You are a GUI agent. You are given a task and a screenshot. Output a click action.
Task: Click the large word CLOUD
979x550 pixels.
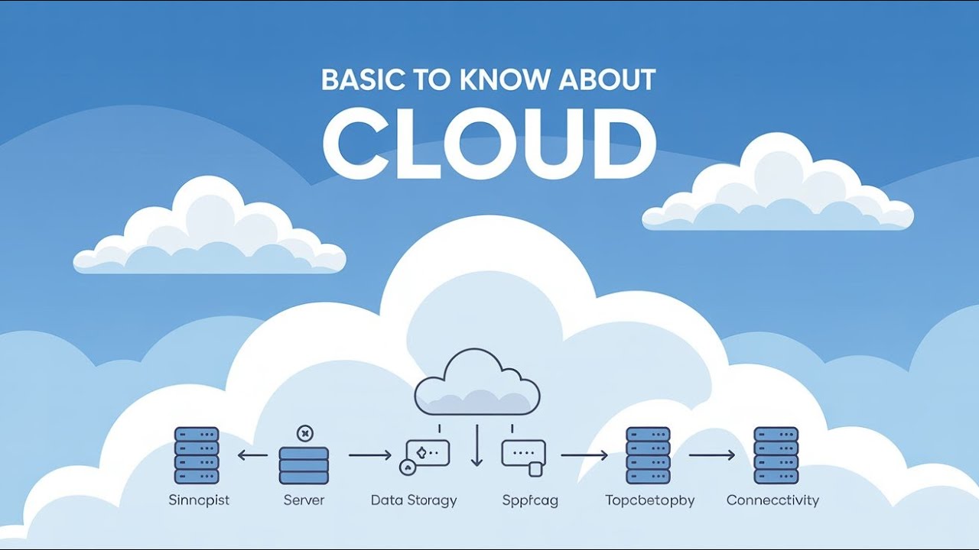pyautogui.click(x=489, y=141)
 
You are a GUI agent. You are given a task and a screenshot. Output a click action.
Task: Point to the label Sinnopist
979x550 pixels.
pyautogui.click(x=199, y=501)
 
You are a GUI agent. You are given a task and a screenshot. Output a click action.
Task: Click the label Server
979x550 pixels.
pyautogui.click(x=304, y=501)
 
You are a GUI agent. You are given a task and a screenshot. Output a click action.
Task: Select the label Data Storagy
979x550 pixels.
pyautogui.click(x=414, y=501)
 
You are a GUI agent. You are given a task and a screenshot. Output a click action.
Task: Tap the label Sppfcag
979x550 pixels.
pyautogui.click(x=530, y=501)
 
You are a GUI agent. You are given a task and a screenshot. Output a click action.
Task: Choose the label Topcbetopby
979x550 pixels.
pyautogui.click(x=649, y=501)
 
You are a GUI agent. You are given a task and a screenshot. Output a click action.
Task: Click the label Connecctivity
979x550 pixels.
pyautogui.click(x=772, y=501)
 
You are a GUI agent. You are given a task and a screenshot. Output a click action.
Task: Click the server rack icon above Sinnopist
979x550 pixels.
pyautogui.click(x=197, y=455)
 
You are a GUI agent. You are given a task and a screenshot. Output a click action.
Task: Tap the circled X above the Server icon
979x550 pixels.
pyautogui.click(x=304, y=433)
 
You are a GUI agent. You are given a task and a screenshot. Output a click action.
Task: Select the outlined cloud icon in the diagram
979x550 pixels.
pyautogui.click(x=477, y=383)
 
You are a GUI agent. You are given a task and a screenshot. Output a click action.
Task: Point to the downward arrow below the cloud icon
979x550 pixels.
pyautogui.click(x=477, y=446)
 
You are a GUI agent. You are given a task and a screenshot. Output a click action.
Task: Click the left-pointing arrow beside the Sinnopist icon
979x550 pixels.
pyautogui.click(x=252, y=455)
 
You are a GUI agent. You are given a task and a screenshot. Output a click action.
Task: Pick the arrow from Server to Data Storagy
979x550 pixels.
pyautogui.click(x=370, y=455)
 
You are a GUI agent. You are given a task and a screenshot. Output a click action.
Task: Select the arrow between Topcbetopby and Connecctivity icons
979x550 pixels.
pyautogui.click(x=711, y=455)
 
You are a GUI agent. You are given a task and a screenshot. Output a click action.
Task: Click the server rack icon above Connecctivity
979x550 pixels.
pyautogui.click(x=776, y=455)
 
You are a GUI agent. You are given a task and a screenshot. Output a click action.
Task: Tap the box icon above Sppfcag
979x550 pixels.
pyautogui.click(x=524, y=455)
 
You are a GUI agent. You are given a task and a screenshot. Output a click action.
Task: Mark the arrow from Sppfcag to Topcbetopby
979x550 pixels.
pyautogui.click(x=584, y=455)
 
